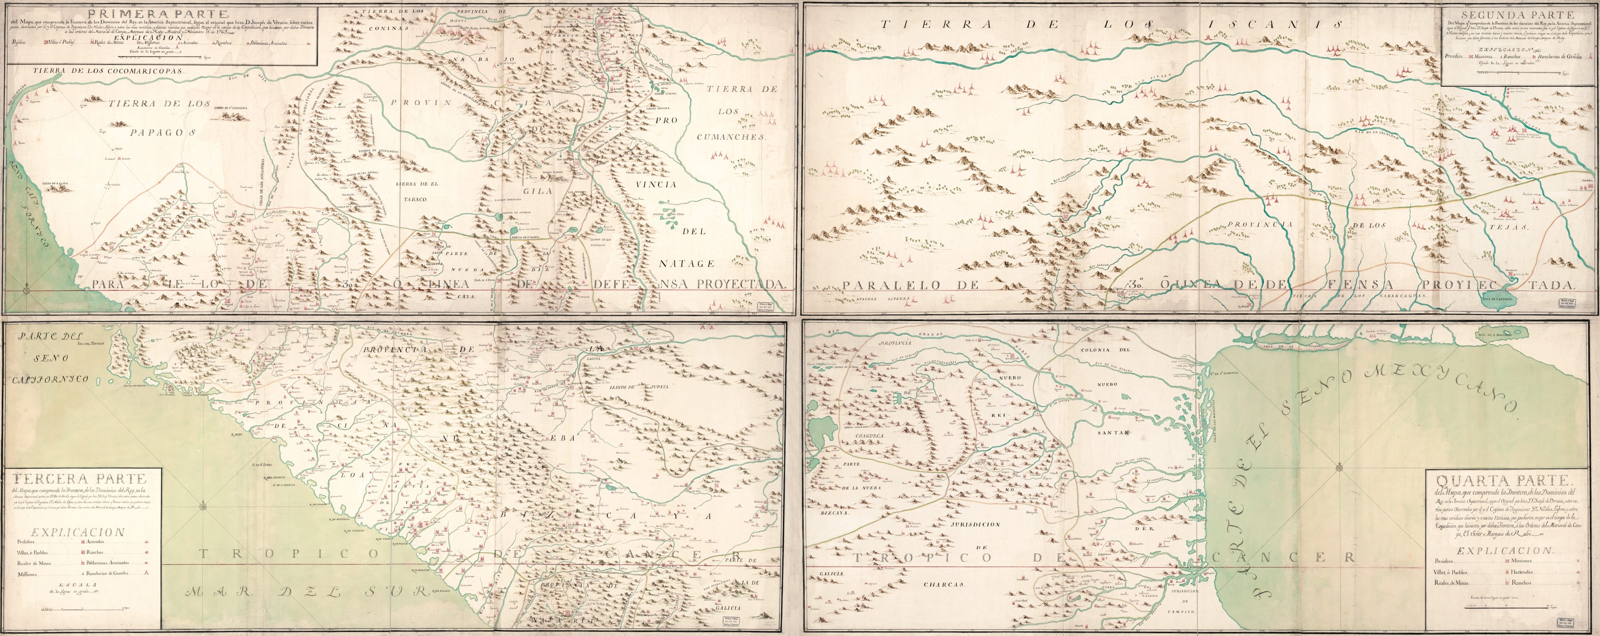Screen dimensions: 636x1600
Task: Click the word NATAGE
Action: [x=686, y=263]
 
